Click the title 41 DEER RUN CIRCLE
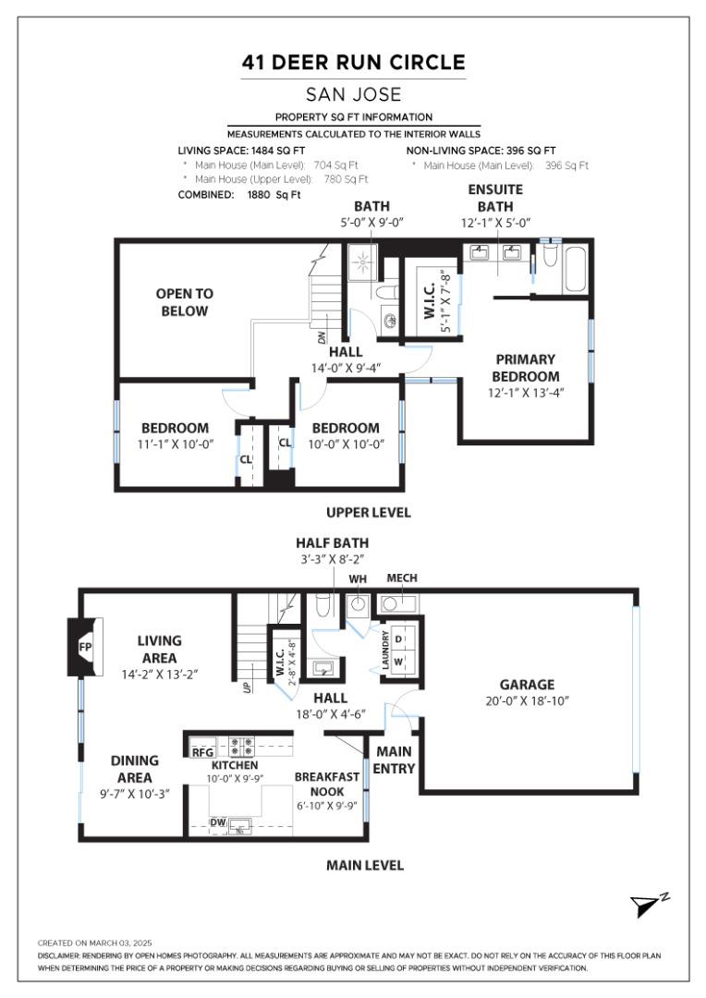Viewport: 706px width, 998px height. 353,63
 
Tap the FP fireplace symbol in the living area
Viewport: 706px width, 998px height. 85,648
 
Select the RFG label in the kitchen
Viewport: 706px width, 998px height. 202,752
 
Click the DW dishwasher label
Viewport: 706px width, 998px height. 218,822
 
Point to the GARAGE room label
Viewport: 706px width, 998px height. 527,685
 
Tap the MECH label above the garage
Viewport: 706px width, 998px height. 402,578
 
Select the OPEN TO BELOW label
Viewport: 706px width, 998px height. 184,302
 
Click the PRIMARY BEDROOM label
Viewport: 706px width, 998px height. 526,368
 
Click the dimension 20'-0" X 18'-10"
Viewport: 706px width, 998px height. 527,700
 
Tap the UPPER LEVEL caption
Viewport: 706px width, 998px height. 369,512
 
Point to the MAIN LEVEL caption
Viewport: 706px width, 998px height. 365,866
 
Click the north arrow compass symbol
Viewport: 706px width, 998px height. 648,906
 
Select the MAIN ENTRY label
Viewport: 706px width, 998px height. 395,760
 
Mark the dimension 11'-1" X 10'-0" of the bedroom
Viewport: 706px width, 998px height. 176,444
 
